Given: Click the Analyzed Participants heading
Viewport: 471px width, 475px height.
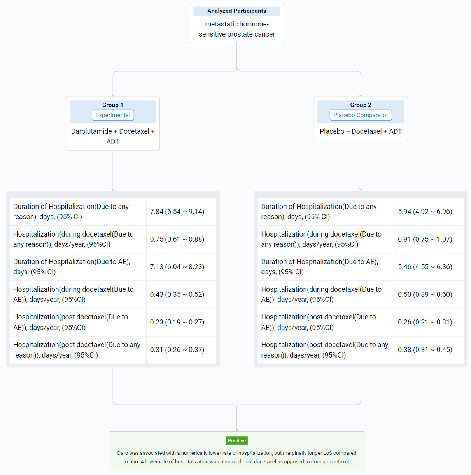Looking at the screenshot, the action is [236, 11].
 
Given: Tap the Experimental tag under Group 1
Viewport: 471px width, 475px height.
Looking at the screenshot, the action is [113, 115].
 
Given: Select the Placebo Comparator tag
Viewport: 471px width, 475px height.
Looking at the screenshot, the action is [361, 115].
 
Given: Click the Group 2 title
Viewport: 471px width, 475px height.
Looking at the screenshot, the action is [361, 105].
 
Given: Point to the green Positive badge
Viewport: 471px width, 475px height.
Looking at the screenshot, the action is [236, 440].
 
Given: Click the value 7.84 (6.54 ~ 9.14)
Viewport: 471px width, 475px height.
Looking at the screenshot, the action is [177, 212].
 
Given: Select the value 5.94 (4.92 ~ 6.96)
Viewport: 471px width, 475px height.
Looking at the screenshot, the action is [425, 212].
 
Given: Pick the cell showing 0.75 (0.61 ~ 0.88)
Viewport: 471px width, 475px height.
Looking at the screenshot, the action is [177, 239].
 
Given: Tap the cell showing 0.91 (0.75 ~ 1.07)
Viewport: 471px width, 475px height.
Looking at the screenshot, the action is [425, 239].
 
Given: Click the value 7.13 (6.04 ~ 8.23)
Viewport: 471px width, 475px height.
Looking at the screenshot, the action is [177, 267].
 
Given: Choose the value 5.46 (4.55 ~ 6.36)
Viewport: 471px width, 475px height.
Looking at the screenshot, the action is [425, 267].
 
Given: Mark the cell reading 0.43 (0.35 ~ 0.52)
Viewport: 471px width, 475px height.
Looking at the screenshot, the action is [177, 294].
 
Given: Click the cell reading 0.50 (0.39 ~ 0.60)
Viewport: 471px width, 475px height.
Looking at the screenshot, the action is [425, 294].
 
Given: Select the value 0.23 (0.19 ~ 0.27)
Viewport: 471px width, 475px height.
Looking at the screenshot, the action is [177, 322].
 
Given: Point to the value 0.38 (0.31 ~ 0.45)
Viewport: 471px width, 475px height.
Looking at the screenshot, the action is [425, 349].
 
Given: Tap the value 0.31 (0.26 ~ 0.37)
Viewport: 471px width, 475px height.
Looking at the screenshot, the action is [177, 349].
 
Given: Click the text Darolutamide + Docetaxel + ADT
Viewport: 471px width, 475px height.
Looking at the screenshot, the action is [113, 136].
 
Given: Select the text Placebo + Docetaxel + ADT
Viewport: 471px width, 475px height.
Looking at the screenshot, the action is [361, 131].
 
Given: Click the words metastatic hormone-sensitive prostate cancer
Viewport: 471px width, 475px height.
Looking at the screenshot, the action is [236, 29].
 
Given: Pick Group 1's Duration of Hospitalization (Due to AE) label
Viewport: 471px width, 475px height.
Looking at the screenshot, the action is [72, 267].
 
